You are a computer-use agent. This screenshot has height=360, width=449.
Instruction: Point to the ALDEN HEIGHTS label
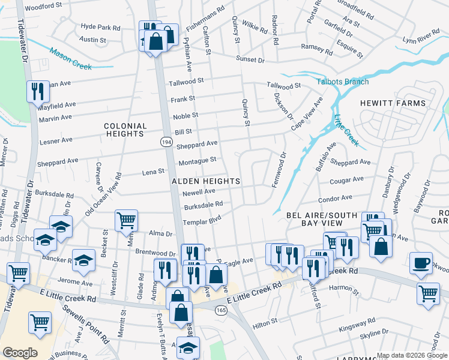click(x=206, y=181)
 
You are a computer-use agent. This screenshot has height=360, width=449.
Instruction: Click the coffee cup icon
click(x=421, y=263)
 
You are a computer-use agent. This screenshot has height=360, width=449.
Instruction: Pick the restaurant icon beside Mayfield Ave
click(x=38, y=91)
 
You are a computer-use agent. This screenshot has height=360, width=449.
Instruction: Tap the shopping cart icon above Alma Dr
click(x=127, y=220)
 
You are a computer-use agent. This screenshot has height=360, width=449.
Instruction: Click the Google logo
click(x=20, y=353)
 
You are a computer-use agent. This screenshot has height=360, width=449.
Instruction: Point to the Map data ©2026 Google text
click(x=411, y=355)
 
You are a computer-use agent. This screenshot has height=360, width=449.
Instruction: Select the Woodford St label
click(x=45, y=5)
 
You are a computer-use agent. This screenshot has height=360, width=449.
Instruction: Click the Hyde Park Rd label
click(x=100, y=27)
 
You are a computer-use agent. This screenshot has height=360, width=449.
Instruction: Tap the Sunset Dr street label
click(x=250, y=60)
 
